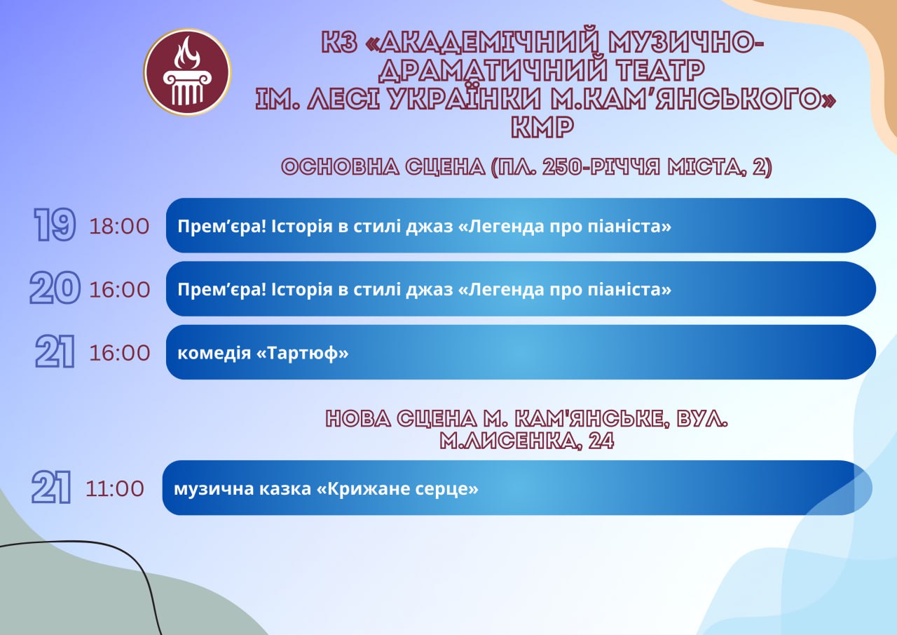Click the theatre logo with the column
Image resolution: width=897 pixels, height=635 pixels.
point(187,72)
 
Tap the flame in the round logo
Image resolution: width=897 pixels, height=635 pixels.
point(187,52)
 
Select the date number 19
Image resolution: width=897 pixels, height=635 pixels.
point(55,225)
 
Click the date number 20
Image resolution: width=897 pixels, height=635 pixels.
point(55,288)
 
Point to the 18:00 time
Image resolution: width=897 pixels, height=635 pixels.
point(119,226)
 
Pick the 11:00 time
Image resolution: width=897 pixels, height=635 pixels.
point(114,488)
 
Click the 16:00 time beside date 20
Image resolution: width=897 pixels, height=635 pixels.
point(119,290)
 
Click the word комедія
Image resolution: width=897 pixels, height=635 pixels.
point(214,354)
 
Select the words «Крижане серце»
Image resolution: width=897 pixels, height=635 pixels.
point(397,488)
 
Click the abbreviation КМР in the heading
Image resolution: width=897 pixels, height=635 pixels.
point(542,128)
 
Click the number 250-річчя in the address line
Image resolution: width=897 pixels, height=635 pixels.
point(601,167)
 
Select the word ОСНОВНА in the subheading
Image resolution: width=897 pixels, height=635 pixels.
point(340,167)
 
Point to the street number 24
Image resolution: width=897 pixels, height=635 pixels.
point(601,441)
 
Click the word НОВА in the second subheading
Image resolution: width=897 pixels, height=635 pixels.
point(358,419)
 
